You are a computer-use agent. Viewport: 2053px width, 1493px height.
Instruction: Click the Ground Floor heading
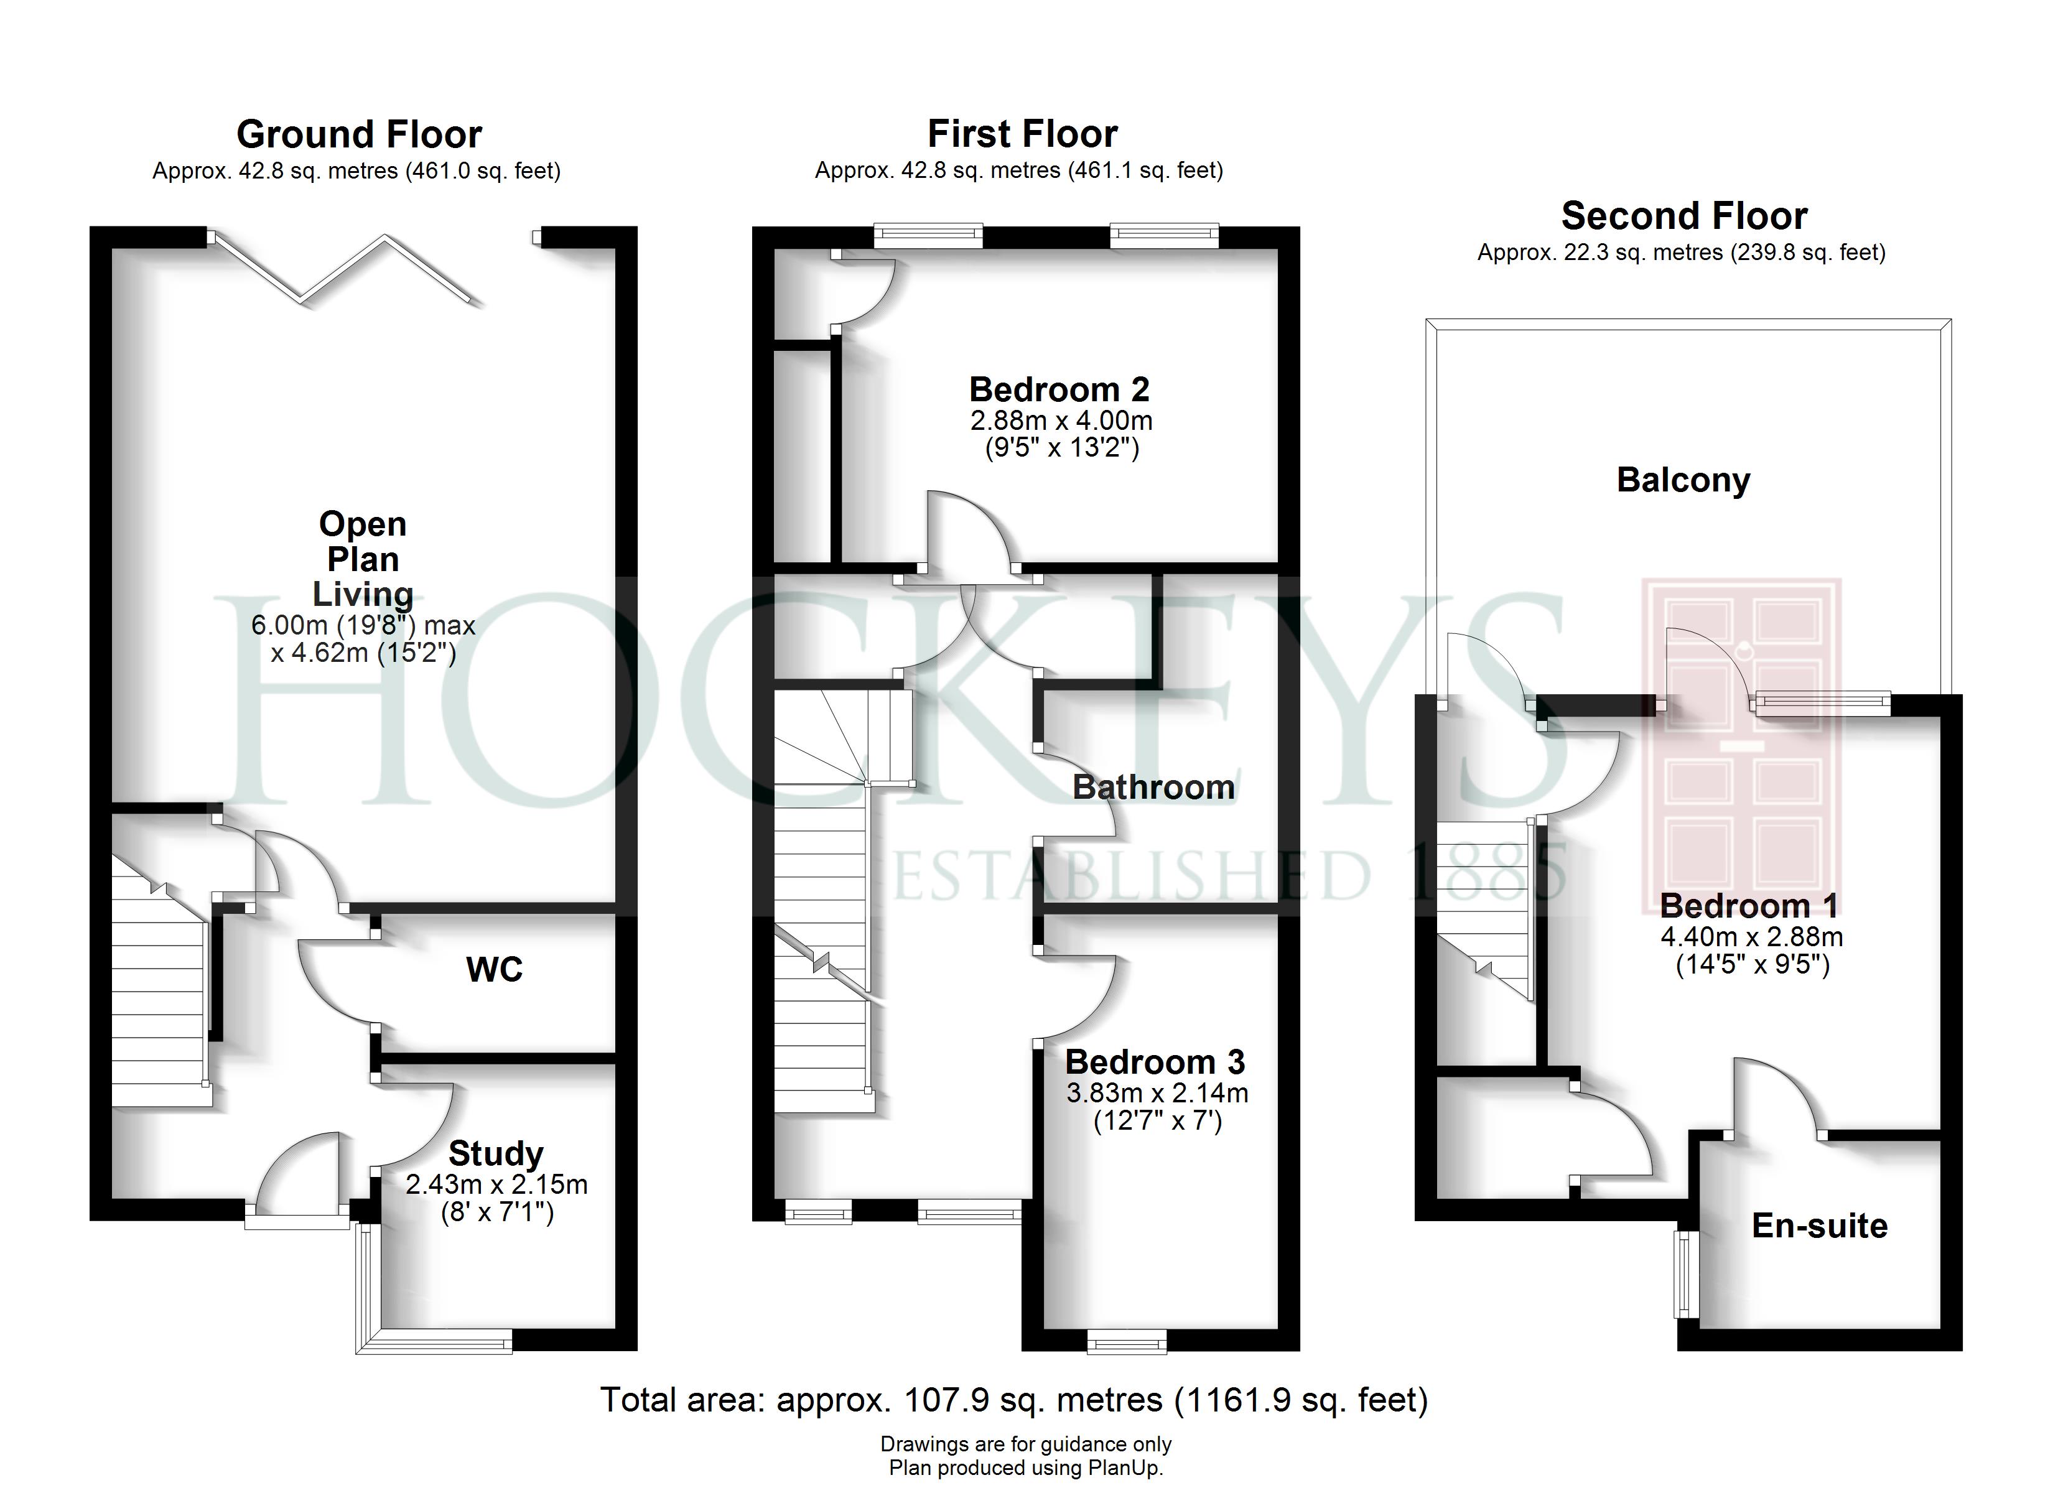pos(360,135)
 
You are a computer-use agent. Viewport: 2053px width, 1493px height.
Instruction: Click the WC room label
pos(494,970)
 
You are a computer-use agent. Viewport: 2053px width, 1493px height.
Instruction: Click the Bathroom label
pos(1154,788)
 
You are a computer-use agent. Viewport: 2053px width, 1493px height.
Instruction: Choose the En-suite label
pos(1820,1226)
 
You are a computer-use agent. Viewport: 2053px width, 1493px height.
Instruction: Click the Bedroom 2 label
pos(1059,390)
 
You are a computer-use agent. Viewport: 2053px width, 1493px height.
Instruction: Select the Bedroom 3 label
pos(1155,1062)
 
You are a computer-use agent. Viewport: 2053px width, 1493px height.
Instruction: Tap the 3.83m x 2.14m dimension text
pos(1158,1093)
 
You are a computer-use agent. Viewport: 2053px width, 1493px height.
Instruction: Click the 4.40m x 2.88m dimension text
pos(1751,936)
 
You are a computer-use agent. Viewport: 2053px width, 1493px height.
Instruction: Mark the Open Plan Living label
pos(363,559)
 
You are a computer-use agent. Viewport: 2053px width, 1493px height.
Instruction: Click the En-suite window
pos(1685,1274)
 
